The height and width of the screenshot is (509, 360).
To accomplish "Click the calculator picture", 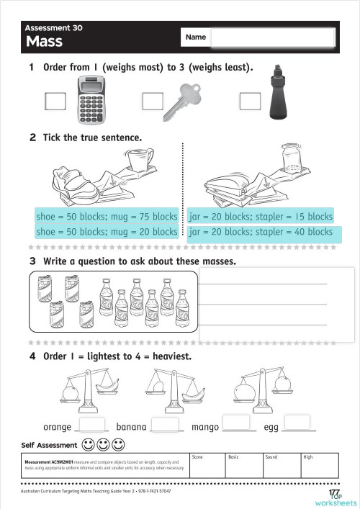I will (x=96, y=102).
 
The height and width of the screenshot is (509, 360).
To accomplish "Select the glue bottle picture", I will (x=276, y=91).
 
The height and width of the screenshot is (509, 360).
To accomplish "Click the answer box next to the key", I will (x=153, y=102).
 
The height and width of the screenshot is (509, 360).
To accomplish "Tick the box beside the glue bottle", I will (x=249, y=102).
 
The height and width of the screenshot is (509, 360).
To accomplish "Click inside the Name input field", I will (x=273, y=37).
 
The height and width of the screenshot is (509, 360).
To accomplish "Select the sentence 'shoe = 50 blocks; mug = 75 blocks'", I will (x=107, y=216).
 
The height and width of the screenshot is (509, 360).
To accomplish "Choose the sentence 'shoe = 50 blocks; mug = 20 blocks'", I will (x=107, y=232).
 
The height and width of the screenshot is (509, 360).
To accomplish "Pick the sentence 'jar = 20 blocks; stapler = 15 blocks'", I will (x=260, y=216).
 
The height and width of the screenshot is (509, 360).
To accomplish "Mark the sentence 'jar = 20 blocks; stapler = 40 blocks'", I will (x=260, y=233).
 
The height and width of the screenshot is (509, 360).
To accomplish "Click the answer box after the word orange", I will (x=91, y=424).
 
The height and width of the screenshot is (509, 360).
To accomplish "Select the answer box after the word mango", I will (x=239, y=423).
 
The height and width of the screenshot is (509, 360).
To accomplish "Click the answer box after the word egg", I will (x=298, y=423).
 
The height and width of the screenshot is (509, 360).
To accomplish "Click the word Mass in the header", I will (x=44, y=42).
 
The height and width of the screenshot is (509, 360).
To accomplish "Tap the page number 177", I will (x=334, y=492).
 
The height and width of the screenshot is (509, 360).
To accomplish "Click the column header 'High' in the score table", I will (x=308, y=457).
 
